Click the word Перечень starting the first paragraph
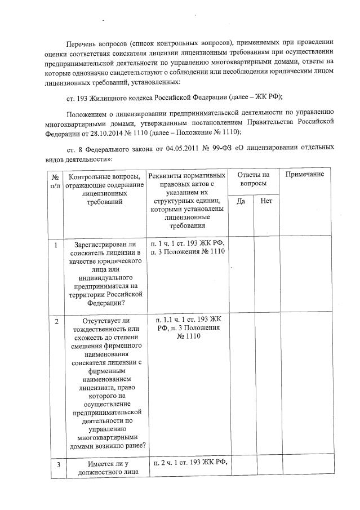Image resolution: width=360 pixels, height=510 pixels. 82,42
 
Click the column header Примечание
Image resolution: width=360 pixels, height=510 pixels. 304,175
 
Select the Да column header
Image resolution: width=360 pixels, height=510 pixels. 241,201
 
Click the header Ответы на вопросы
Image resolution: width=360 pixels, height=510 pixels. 254,179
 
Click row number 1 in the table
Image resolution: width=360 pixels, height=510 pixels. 55,245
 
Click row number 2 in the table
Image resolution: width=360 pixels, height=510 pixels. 55,321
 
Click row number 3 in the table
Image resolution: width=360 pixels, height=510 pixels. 55,464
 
